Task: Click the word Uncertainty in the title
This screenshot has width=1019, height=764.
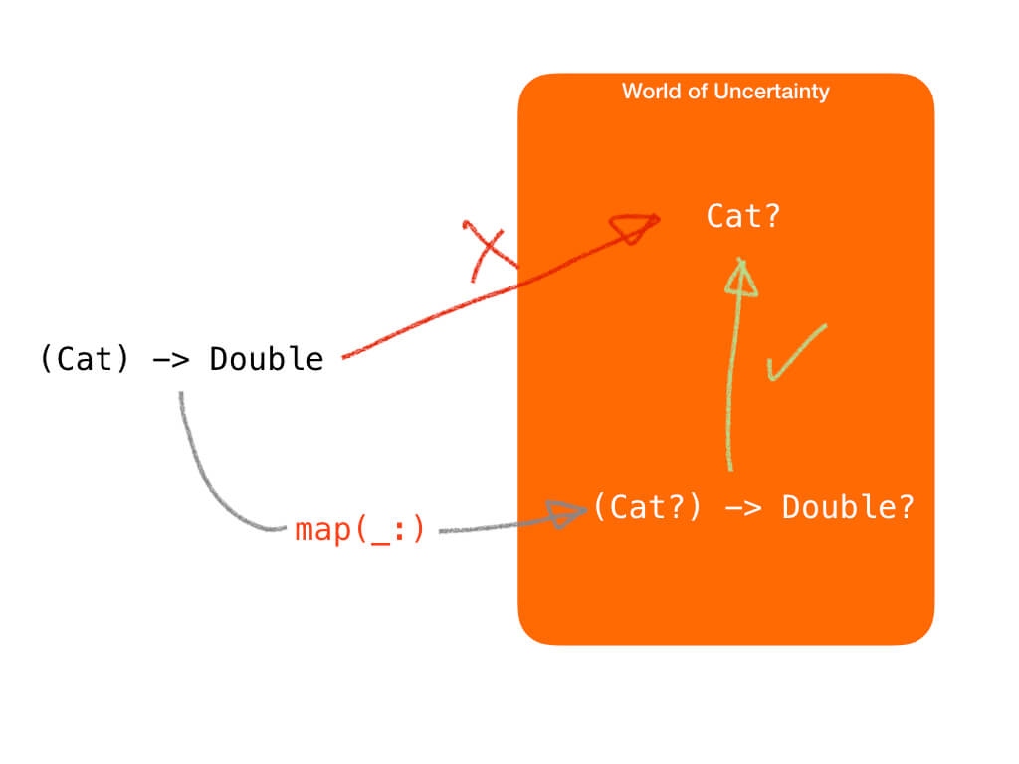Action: [771, 92]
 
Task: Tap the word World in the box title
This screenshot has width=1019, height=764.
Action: [652, 91]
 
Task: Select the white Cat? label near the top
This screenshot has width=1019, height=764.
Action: [742, 216]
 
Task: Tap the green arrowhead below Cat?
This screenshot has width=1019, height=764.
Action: [741, 279]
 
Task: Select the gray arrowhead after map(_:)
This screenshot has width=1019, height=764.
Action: [565, 514]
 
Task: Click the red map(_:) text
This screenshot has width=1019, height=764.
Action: [359, 530]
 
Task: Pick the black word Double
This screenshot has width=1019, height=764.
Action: [267, 359]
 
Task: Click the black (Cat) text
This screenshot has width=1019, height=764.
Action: [85, 359]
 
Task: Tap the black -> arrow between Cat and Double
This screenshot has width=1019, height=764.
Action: [170, 360]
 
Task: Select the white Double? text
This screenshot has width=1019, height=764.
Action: [848, 507]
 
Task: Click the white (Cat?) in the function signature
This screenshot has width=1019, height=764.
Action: [647, 507]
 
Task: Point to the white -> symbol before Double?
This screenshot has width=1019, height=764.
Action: [742, 508]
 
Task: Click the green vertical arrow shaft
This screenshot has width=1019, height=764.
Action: [732, 383]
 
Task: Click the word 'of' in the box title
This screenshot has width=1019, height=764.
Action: [698, 91]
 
